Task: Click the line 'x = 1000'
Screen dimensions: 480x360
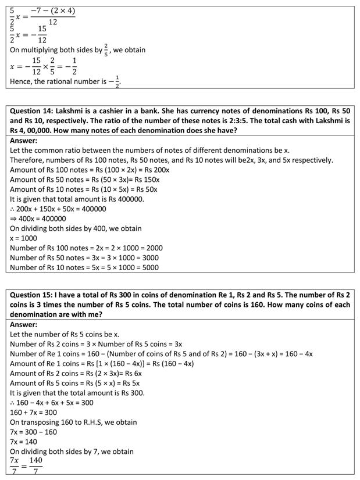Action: pyautogui.click(x=25, y=238)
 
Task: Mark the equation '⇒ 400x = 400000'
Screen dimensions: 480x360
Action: pyautogui.click(x=38, y=218)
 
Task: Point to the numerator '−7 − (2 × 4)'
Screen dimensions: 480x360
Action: pyautogui.click(x=53, y=12)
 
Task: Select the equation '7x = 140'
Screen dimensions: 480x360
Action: pyautogui.click(x=23, y=442)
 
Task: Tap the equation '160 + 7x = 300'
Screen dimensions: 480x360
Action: pyautogui.click(x=34, y=413)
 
